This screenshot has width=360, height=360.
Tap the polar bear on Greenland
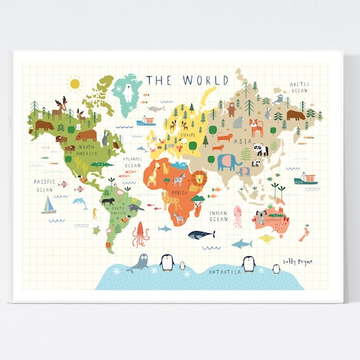coord(130,92)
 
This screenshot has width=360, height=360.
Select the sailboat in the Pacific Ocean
coord(48,205)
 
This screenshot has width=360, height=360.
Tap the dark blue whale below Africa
coord(201,234)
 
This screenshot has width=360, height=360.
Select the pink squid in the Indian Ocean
coord(238,217)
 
